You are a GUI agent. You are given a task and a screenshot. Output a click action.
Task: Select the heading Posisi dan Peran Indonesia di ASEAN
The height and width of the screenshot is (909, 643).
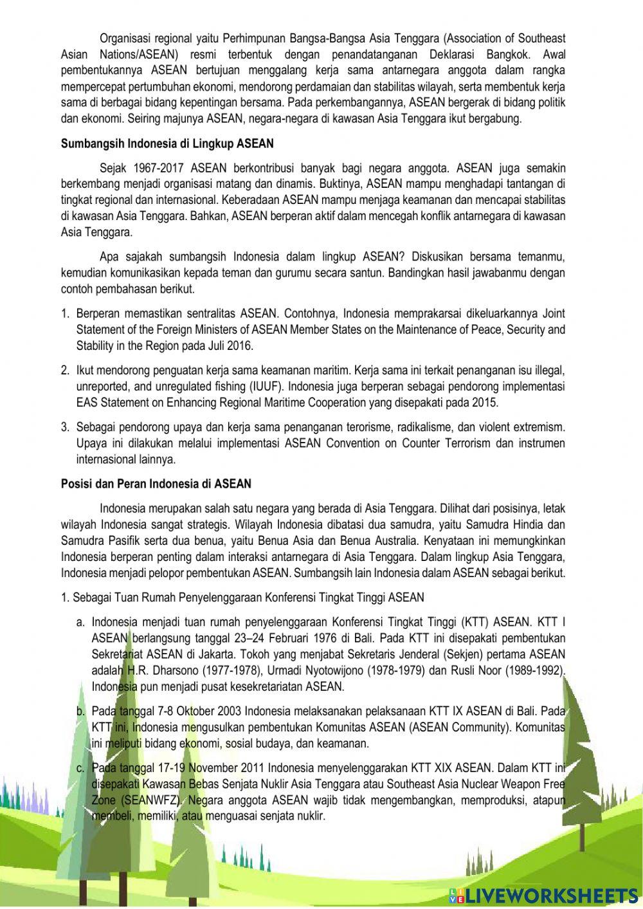(156, 483)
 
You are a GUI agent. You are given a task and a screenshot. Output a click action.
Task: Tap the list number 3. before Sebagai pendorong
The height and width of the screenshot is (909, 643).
(65, 427)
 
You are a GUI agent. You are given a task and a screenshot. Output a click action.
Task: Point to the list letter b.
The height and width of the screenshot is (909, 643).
(80, 712)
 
